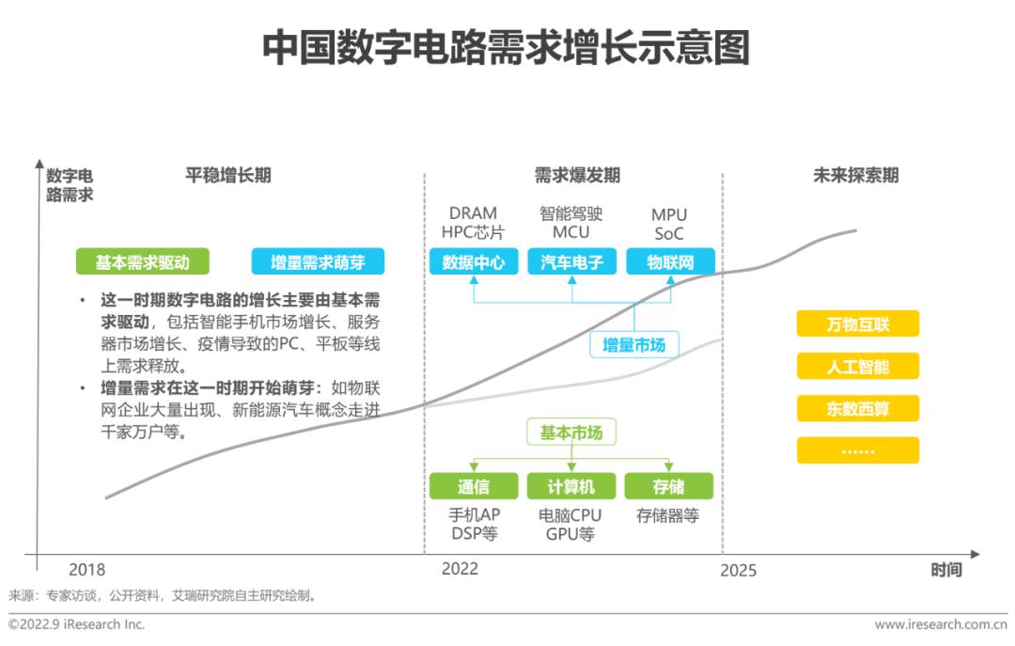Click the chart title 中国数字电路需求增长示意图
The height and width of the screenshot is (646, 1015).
tap(507, 47)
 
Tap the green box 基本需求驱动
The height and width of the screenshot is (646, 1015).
tap(143, 261)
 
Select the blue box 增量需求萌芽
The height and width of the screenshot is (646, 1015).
tap(318, 261)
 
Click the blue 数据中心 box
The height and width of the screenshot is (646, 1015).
tap(474, 261)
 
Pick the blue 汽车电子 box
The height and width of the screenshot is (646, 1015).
tap(571, 261)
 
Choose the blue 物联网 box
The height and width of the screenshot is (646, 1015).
tap(671, 261)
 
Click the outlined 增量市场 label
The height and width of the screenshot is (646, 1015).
tap(633, 345)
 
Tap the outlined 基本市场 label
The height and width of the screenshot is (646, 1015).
tap(571, 433)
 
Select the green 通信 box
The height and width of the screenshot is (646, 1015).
tap(474, 486)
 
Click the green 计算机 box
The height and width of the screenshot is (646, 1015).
tap(571, 486)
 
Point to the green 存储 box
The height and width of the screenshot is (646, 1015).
tap(669, 486)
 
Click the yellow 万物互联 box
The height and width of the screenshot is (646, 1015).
tap(858, 324)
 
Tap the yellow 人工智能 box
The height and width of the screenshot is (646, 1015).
tap(858, 366)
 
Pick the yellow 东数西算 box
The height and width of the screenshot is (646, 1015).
tap(858, 408)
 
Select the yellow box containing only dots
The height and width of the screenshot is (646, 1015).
tap(858, 450)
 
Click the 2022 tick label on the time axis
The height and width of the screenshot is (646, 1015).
tap(460, 569)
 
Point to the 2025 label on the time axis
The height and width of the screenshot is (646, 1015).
tap(739, 570)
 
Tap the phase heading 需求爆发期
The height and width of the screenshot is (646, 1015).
tap(577, 175)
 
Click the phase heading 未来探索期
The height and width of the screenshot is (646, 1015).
tap(856, 175)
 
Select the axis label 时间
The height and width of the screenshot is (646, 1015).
tap(946, 570)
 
